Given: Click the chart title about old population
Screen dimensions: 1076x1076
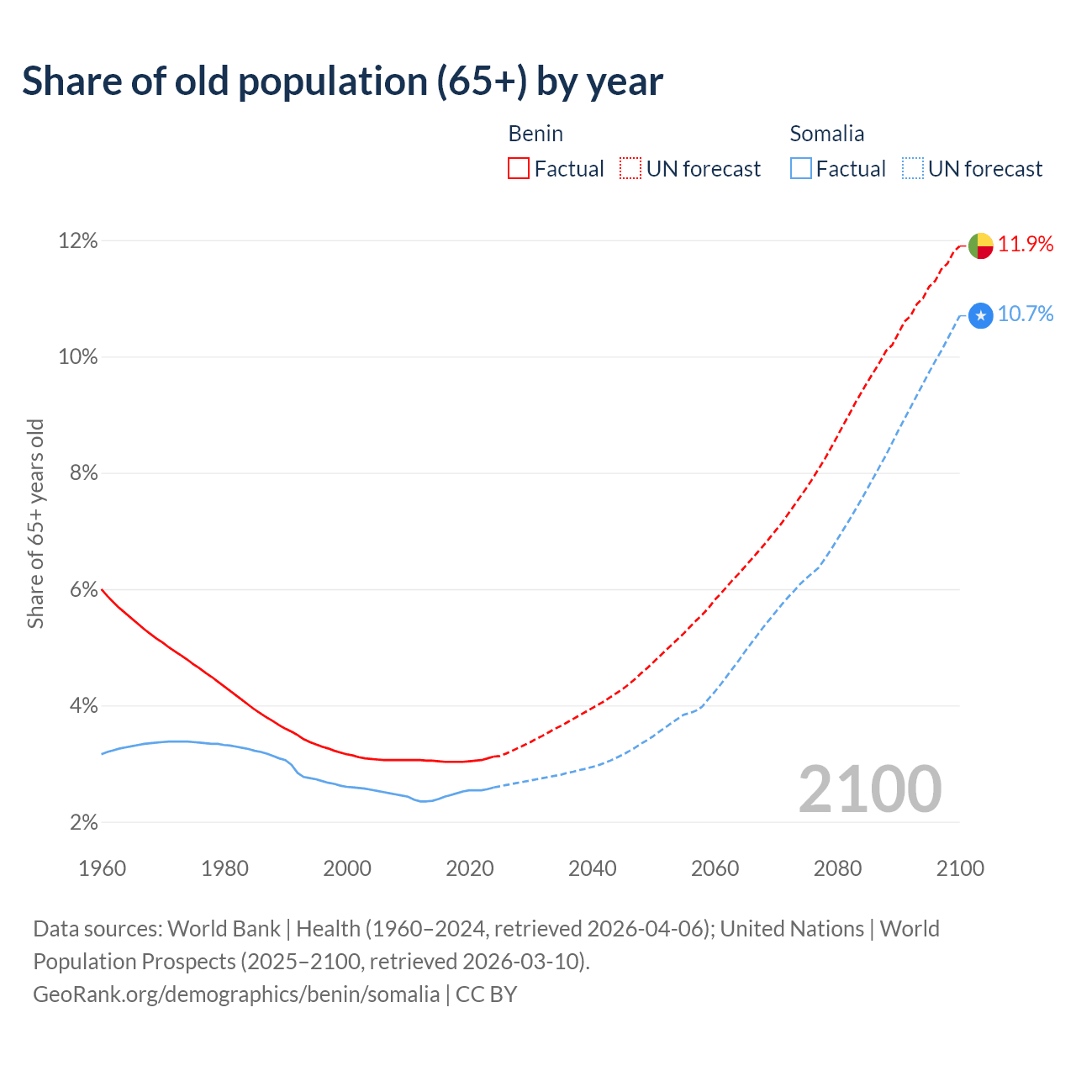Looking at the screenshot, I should pyautogui.click(x=342, y=82).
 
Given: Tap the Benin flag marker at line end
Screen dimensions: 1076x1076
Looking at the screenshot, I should pyautogui.click(x=981, y=245).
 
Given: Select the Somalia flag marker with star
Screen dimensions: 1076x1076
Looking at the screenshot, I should pyautogui.click(x=981, y=316).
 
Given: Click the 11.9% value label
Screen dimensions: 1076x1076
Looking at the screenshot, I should pyautogui.click(x=1026, y=245).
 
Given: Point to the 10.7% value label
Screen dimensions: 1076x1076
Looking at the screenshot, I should pyautogui.click(x=1026, y=314).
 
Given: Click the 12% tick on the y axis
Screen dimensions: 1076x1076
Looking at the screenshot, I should pyautogui.click(x=78, y=241).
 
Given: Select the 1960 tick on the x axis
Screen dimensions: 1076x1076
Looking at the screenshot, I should pyautogui.click(x=102, y=868).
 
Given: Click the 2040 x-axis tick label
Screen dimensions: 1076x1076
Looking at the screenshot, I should pyautogui.click(x=593, y=868).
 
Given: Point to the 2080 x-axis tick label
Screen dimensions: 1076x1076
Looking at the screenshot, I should pyautogui.click(x=837, y=868).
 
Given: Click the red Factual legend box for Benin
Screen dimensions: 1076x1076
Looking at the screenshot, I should pyautogui.click(x=519, y=169).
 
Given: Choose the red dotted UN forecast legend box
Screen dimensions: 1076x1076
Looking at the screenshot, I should pyautogui.click(x=630, y=169).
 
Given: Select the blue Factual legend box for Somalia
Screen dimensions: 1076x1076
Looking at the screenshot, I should pyautogui.click(x=801, y=169).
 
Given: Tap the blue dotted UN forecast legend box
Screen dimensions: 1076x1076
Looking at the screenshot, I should pyautogui.click(x=913, y=169).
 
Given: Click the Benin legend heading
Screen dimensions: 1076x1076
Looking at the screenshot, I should pyautogui.click(x=535, y=134).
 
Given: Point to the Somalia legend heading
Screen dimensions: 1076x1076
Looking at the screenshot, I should pyautogui.click(x=827, y=134).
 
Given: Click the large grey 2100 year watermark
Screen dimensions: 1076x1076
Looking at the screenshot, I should pyautogui.click(x=870, y=789).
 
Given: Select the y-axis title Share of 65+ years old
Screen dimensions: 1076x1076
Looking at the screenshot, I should pyautogui.click(x=35, y=523).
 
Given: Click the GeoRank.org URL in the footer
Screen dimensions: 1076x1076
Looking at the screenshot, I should pyautogui.click(x=236, y=994).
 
